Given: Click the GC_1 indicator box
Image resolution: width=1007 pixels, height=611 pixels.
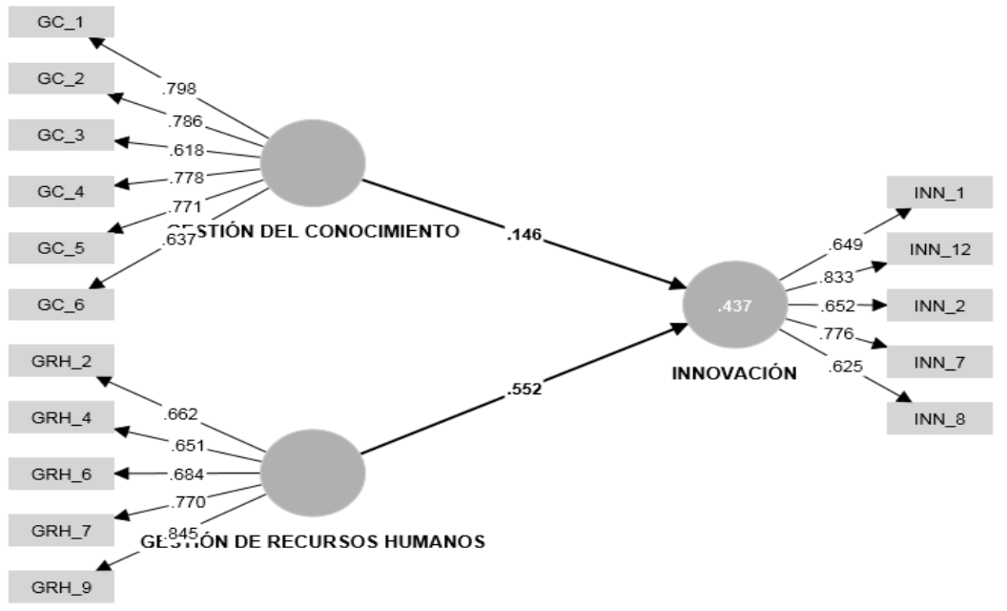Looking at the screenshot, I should pos(61,22).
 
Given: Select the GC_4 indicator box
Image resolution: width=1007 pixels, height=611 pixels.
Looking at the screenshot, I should pos(61,192).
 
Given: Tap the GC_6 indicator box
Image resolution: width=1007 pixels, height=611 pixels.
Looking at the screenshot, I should pos(61,305).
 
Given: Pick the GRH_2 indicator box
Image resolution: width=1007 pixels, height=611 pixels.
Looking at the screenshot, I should pos(61,362).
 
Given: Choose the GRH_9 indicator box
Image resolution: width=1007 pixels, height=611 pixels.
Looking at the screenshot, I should pos(61,586).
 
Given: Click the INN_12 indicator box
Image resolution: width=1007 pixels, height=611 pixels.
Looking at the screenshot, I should pos(939,250).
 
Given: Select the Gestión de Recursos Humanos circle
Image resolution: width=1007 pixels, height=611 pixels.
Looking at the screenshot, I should pos(313,474).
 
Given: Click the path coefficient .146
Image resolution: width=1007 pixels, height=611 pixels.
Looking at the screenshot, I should pos(524,233).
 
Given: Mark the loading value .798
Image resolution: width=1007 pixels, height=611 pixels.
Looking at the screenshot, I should pos(179,90).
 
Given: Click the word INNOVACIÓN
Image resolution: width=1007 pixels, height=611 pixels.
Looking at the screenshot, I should pos(734,373).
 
